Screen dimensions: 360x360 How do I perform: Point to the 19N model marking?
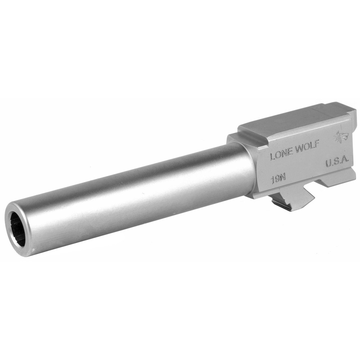pos(276,179)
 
